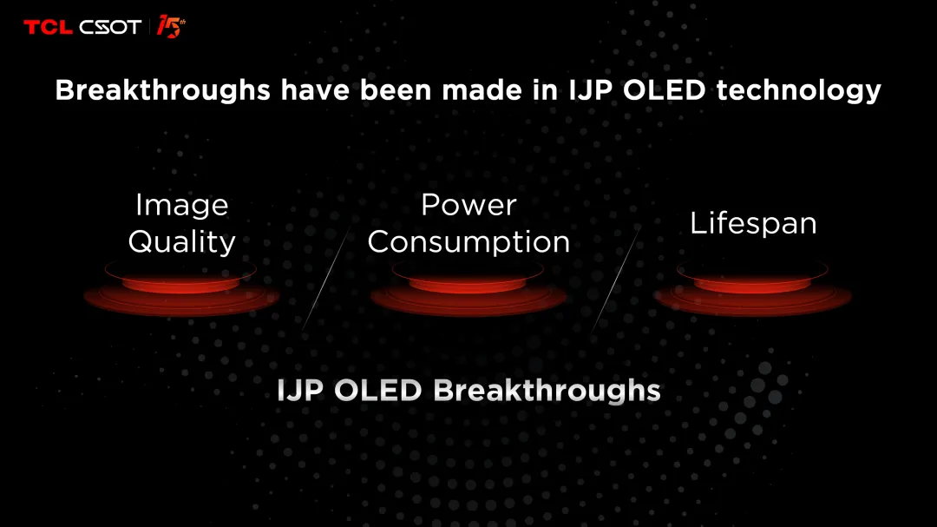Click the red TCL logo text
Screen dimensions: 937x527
click(x=48, y=27)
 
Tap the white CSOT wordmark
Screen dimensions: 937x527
click(x=110, y=27)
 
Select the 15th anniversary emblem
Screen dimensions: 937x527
click(x=171, y=26)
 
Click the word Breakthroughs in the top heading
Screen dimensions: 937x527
click(x=162, y=90)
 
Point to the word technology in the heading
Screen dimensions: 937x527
click(x=798, y=90)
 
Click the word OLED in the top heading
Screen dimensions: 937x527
click(x=665, y=90)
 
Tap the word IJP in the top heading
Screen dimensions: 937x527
click(x=591, y=90)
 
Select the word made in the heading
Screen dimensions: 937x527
click(x=482, y=90)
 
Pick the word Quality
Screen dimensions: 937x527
click(x=181, y=242)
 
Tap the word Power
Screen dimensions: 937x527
click(x=468, y=205)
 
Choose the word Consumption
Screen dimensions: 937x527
click(x=468, y=242)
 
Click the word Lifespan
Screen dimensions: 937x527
click(x=753, y=224)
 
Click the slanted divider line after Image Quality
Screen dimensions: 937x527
click(x=325, y=278)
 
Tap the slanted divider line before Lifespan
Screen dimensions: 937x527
click(x=615, y=278)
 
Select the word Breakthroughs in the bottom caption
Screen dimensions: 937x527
click(x=547, y=391)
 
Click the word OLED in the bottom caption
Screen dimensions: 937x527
click(x=377, y=391)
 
